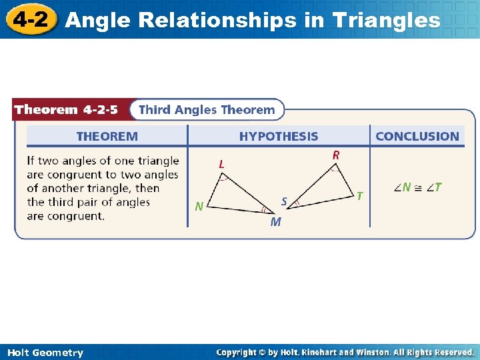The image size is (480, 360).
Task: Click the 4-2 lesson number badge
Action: tap(29, 20)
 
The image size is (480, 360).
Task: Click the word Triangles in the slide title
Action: tap(387, 21)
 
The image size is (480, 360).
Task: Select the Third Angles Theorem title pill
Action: tap(207, 110)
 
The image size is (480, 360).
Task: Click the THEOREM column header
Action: tap(107, 137)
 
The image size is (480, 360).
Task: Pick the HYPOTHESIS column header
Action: tap(279, 137)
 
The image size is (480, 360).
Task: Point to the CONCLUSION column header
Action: tap(417, 137)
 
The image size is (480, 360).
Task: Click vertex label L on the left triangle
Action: tap(221, 163)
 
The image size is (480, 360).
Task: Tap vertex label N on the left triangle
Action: tap(199, 207)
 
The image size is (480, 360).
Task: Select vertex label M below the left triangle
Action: tap(275, 222)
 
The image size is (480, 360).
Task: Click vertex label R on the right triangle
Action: tap(336, 155)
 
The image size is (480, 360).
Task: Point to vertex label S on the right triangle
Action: tap(284, 201)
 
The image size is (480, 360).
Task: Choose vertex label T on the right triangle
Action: tap(360, 195)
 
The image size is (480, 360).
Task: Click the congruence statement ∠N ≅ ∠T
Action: tap(417, 188)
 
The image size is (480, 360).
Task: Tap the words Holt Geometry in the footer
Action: tap(45, 353)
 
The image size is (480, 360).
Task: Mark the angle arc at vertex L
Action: tap(223, 178)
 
